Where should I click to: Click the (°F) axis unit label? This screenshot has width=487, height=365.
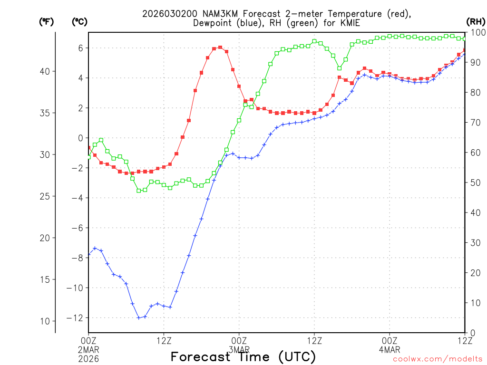coord(46,21)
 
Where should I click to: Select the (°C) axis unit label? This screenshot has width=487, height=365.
coord(79,21)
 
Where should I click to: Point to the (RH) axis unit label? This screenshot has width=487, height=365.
coord(476,21)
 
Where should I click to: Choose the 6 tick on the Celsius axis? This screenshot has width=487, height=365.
coord(81,48)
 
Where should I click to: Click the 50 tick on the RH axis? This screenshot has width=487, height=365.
coord(473,182)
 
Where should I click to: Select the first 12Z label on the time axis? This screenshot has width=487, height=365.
coord(164,340)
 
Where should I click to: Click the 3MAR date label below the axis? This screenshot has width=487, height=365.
coord(239,349)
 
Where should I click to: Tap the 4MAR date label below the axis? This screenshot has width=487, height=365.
coord(390,349)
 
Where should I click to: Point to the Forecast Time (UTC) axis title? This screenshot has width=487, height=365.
coord(243,357)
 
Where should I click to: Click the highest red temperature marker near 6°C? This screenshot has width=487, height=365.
coord(220,47)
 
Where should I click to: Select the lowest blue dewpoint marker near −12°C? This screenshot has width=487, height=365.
coord(139,317)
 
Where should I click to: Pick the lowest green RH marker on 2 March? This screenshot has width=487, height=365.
coord(139,191)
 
